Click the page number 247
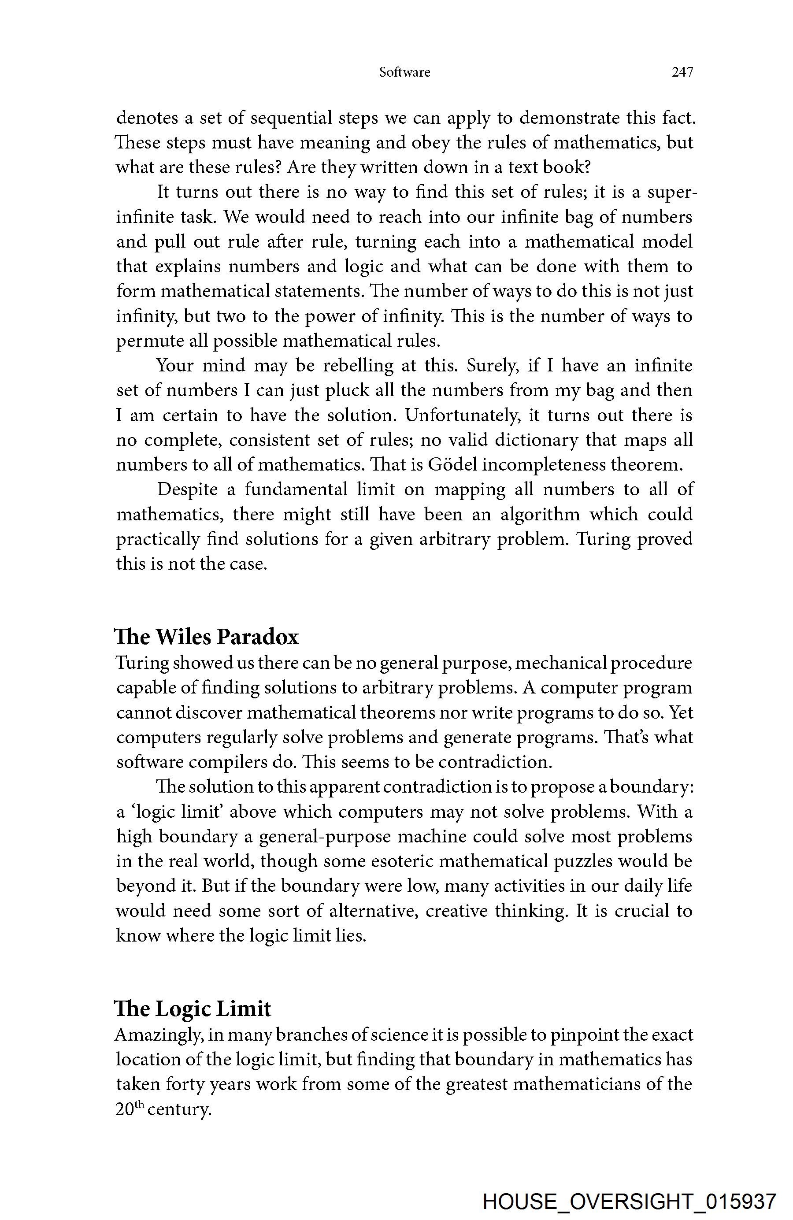tap(682, 72)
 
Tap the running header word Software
tap(404, 72)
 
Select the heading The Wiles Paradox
tap(207, 637)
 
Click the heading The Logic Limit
tap(193, 1009)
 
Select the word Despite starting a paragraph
tap(187, 489)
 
